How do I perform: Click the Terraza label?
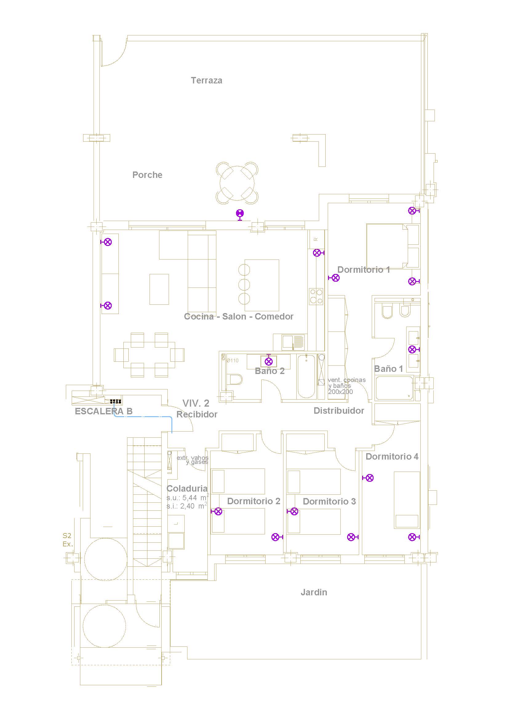(206, 81)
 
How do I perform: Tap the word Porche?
(147, 175)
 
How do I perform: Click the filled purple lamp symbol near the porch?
(240, 214)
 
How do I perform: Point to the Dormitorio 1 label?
(363, 270)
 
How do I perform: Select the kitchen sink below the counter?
(293, 342)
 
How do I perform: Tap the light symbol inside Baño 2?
(269, 361)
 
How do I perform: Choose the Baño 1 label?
(388, 369)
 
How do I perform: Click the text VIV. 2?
(196, 403)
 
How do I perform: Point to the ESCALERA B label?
(103, 412)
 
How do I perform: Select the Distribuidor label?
(339, 411)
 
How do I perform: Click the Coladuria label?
(187, 489)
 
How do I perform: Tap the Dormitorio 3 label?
(329, 501)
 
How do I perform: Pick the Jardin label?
(314, 592)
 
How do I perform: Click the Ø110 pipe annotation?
(232, 361)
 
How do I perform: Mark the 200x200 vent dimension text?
(340, 392)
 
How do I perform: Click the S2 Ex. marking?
(68, 540)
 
